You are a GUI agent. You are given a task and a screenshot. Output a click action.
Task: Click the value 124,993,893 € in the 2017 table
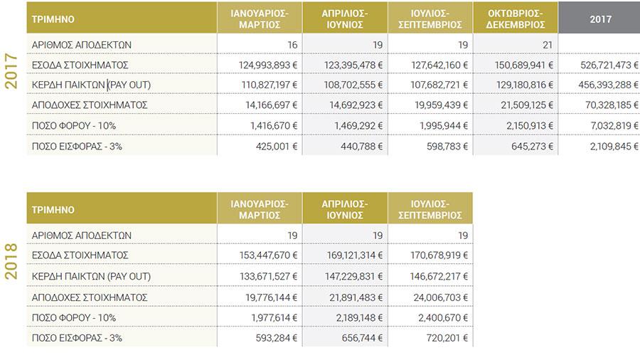tap(268, 65)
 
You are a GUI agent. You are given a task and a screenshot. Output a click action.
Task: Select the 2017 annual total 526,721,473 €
tap(609, 65)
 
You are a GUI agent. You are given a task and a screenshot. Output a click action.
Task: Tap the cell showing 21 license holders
tap(548, 45)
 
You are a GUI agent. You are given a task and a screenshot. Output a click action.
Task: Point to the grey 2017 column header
tap(600, 18)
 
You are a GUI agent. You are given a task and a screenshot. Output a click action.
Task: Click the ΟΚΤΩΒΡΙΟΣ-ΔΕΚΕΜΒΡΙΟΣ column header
tap(516, 18)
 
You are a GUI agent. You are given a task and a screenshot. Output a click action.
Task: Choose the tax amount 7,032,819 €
tap(614, 126)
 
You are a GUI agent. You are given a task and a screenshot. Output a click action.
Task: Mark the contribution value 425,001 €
tap(277, 146)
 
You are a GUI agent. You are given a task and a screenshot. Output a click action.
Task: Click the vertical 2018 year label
tap(11, 261)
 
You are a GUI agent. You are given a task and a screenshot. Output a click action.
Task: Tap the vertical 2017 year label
tap(11, 71)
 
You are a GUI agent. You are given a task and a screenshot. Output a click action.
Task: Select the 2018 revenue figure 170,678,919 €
tap(439, 255)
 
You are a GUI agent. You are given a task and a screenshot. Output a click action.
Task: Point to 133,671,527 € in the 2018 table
tap(268, 276)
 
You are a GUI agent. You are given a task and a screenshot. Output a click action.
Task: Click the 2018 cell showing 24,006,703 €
tap(440, 297)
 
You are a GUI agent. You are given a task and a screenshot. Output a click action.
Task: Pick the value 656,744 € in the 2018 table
tap(362, 338)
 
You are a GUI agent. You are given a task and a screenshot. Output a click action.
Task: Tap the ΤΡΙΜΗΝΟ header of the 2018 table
tap(53, 210)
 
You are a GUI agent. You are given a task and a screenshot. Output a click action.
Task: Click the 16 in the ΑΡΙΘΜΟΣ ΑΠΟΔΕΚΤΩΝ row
tap(292, 45)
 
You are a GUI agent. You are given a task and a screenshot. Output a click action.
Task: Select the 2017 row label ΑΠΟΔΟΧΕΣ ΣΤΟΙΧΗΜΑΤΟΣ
tap(90, 105)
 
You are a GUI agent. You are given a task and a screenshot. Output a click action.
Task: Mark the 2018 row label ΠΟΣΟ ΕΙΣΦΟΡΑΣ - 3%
tap(77, 338)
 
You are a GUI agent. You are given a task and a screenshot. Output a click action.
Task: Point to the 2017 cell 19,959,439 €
tap(441, 105)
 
